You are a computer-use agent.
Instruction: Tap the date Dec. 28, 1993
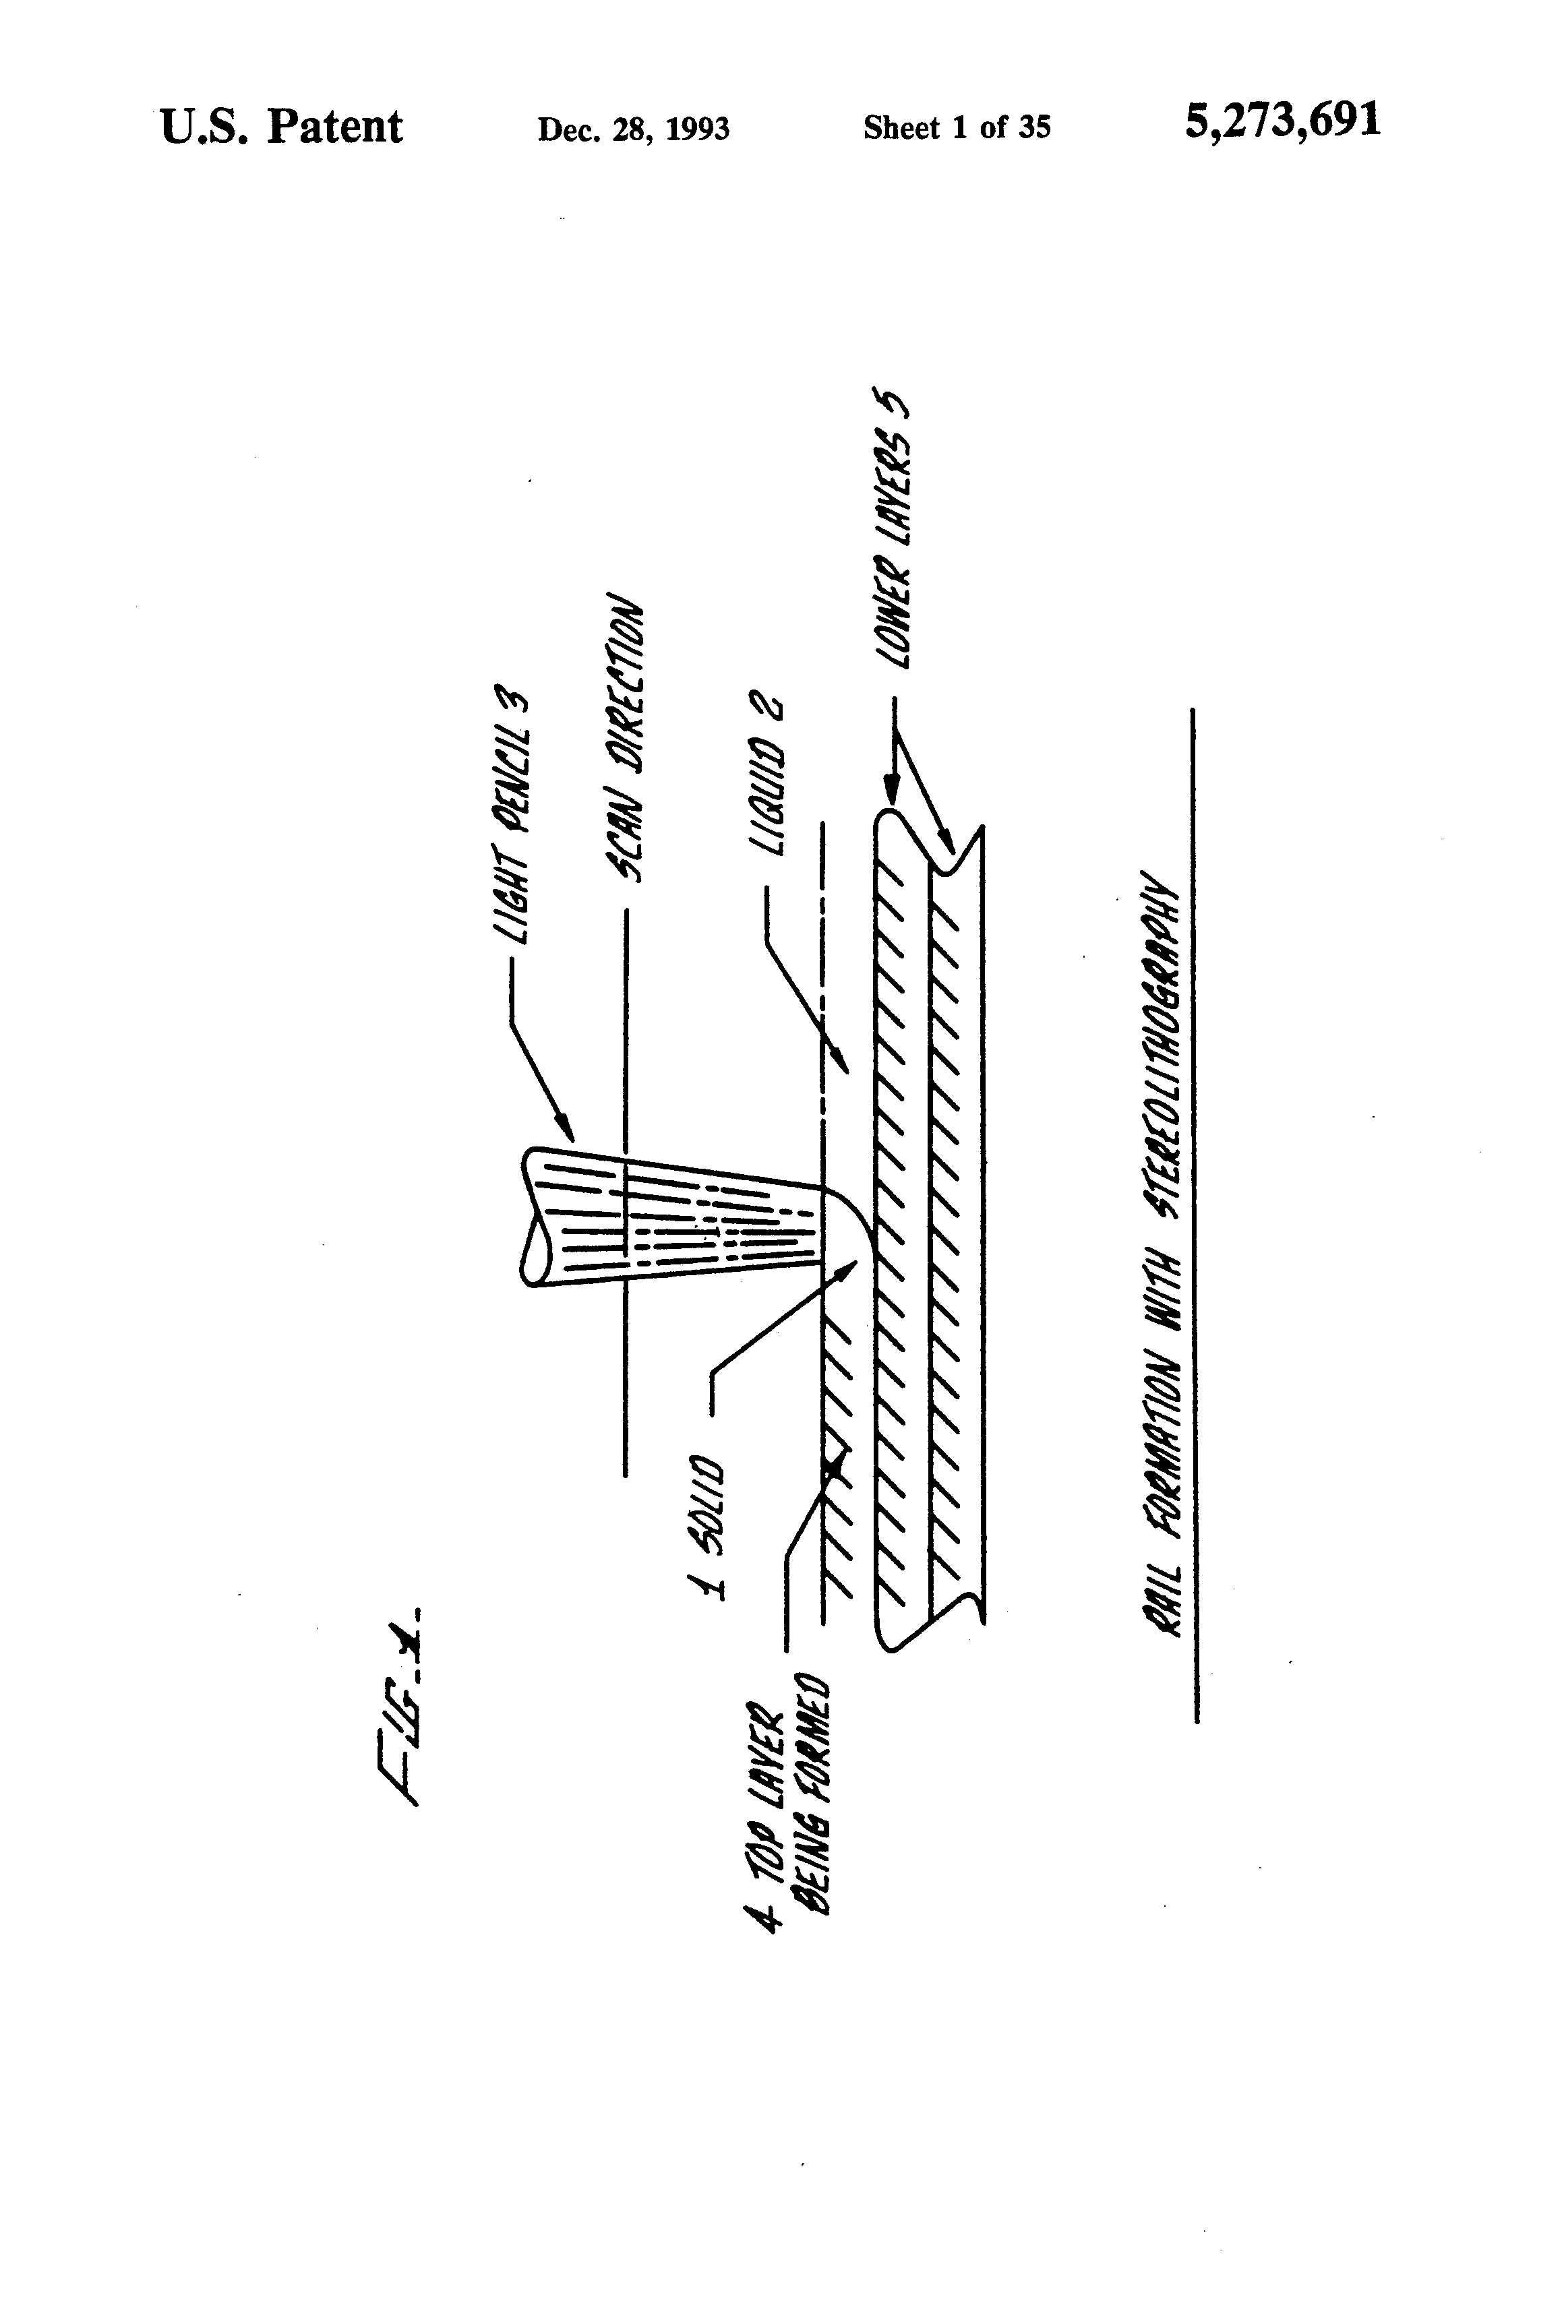coord(633,129)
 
